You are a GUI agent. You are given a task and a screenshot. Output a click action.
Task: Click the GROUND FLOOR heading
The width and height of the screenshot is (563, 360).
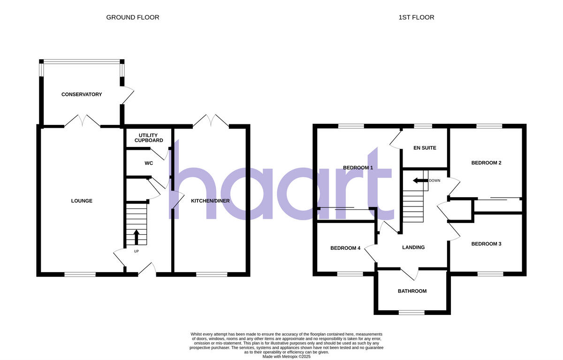pos(133,17)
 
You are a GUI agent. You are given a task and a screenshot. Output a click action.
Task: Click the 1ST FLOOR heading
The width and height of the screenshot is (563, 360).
pos(416,17)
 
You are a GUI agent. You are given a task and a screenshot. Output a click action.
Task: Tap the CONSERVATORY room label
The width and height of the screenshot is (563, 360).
pos(82,94)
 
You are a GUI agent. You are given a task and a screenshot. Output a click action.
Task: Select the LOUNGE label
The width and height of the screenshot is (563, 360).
pos(82,201)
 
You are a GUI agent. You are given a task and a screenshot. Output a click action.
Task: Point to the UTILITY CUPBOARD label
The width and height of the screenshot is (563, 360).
pos(149,138)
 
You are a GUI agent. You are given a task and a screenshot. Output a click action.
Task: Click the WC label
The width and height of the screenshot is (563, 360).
pos(149,163)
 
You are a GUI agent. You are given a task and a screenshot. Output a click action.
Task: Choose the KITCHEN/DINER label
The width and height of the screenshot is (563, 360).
pos(210,201)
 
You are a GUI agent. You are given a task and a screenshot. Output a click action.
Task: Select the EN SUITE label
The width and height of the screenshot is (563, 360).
pos(425,148)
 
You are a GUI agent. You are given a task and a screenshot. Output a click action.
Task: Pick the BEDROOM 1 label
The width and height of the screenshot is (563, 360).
pos(358,168)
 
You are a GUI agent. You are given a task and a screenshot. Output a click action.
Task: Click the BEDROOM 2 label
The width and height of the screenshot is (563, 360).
pos(487,163)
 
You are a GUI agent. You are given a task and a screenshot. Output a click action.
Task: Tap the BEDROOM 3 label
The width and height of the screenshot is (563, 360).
pos(487,244)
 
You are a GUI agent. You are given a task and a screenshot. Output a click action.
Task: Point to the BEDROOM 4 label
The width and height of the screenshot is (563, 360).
pos(345,248)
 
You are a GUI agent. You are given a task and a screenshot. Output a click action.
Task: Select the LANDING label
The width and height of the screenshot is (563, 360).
pos(413,247)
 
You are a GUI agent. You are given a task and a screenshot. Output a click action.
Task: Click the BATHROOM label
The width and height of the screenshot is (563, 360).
pos(412,291)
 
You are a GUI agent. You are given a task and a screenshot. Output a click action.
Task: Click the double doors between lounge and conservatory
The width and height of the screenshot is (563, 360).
pos(82,122)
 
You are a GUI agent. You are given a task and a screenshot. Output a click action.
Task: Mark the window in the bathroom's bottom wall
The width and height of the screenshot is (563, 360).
pos(411,312)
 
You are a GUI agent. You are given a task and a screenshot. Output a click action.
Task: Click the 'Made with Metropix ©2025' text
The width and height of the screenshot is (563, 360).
pos(287,357)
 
